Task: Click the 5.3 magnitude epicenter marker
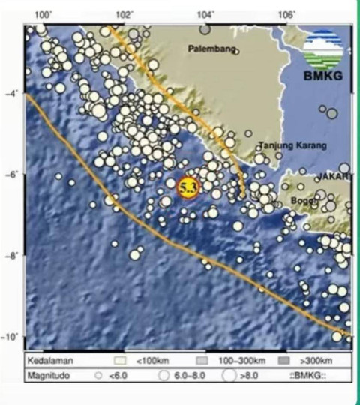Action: [187, 187]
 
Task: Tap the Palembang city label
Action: [212, 50]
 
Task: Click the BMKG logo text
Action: [323, 76]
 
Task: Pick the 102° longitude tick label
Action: [124, 15]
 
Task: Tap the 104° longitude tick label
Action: [205, 15]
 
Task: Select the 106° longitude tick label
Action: [286, 15]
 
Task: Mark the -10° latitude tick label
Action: [10, 337]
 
